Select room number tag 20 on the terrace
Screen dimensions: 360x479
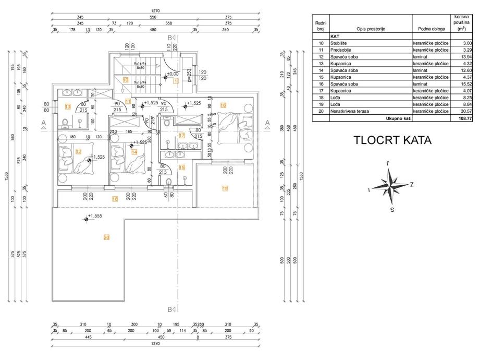[x=106, y=238]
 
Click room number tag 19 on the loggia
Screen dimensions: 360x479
[x=225, y=188]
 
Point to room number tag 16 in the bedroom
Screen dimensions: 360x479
[x=223, y=105]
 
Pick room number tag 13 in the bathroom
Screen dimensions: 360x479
[x=67, y=106]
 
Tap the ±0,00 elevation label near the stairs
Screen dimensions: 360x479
[x=172, y=74]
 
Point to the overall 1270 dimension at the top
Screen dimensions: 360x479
[x=155, y=10]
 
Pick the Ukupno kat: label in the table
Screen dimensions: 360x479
[x=397, y=118]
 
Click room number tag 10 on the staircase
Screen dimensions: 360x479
[x=125, y=80]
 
